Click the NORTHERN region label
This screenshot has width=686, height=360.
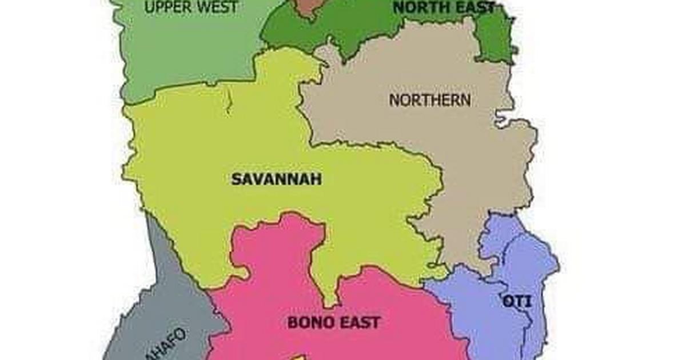(x=430, y=100)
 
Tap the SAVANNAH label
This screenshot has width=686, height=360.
(x=276, y=179)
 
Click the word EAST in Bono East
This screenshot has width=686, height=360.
(x=358, y=322)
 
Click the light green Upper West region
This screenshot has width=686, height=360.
(x=183, y=51)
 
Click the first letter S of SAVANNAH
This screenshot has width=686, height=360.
(x=236, y=179)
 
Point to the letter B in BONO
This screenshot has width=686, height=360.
(x=292, y=322)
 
